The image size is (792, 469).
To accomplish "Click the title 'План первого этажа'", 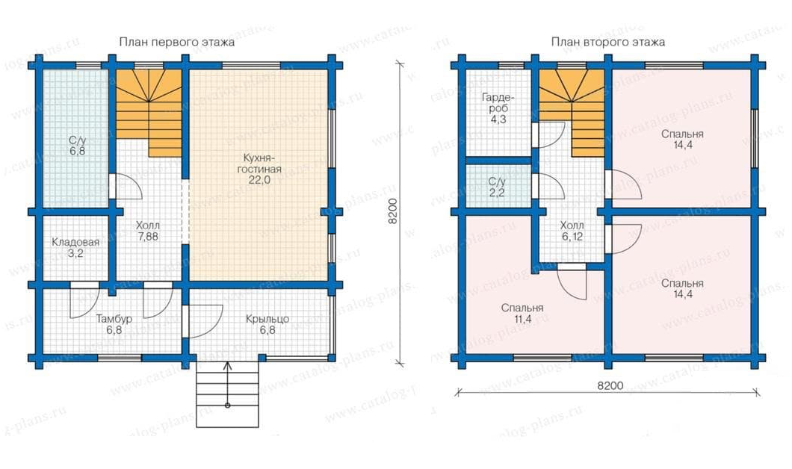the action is tap(177, 42).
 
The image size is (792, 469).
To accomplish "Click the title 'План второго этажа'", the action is tap(607, 42).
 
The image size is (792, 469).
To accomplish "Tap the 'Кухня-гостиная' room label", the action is tap(259, 169).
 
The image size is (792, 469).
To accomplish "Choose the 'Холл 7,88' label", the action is tap(147, 231).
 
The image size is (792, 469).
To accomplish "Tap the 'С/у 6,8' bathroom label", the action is tap(77, 146).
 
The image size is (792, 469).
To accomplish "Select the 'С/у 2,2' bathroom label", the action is tap(497, 187).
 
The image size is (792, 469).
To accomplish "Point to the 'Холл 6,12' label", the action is tap(572, 231).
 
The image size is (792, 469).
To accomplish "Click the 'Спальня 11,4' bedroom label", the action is tap(522, 314).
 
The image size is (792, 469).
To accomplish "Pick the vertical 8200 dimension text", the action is tap(395, 211).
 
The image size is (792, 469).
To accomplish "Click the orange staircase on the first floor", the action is tap(149, 112).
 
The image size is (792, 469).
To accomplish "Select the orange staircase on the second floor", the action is tap(572, 112).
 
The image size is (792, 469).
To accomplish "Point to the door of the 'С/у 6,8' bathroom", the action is tap(126, 187).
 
